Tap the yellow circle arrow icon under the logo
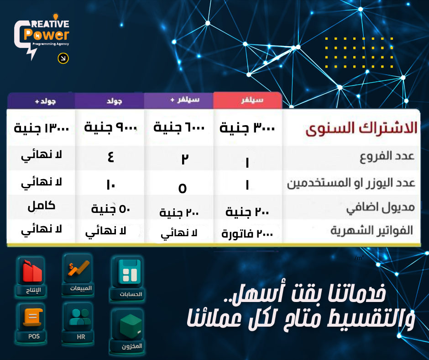tap(63, 58)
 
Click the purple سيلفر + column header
tap(178, 100)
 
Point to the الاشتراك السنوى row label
tap(361, 127)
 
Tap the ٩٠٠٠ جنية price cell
tap(110, 127)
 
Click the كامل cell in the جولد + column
tap(42, 206)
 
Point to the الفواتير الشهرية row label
tap(372, 230)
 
